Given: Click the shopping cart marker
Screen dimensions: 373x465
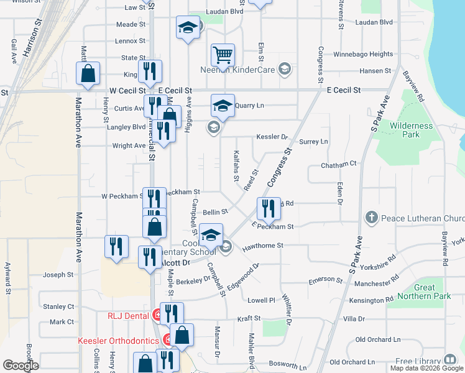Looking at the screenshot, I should [x=223, y=55].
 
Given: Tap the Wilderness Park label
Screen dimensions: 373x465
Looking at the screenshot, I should [x=411, y=130].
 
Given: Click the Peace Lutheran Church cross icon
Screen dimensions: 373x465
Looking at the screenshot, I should [x=372, y=218].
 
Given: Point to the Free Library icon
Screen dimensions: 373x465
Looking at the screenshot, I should [x=450, y=361].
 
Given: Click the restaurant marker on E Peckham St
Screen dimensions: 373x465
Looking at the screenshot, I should [x=269, y=209].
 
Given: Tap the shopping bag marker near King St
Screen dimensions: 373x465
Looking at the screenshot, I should [x=88, y=73].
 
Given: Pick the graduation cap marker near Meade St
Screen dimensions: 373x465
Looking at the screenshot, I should [x=188, y=28].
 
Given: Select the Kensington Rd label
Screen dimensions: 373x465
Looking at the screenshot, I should [x=371, y=300].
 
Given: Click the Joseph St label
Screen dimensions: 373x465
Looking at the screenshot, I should [x=58, y=274].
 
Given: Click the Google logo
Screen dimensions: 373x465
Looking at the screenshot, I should [x=21, y=366].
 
